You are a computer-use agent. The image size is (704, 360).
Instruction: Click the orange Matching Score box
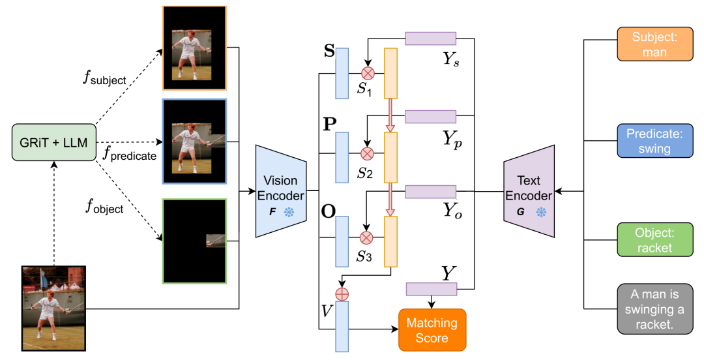point(432,330)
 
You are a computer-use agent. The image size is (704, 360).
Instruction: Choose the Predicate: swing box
point(654,141)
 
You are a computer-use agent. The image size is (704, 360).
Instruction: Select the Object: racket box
point(654,239)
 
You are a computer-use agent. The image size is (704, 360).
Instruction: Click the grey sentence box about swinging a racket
point(654,308)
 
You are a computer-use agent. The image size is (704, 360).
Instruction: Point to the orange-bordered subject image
point(194,49)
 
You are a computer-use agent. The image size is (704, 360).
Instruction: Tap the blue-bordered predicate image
point(194,141)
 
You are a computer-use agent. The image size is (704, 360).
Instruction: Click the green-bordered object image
point(194,241)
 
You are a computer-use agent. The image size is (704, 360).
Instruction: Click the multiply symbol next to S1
point(367,72)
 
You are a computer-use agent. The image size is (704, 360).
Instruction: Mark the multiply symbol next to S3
point(367,238)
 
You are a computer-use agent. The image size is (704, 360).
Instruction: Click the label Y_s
point(451,60)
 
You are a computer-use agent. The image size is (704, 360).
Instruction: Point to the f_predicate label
point(130,155)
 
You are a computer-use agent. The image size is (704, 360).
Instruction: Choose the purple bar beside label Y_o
point(430,191)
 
